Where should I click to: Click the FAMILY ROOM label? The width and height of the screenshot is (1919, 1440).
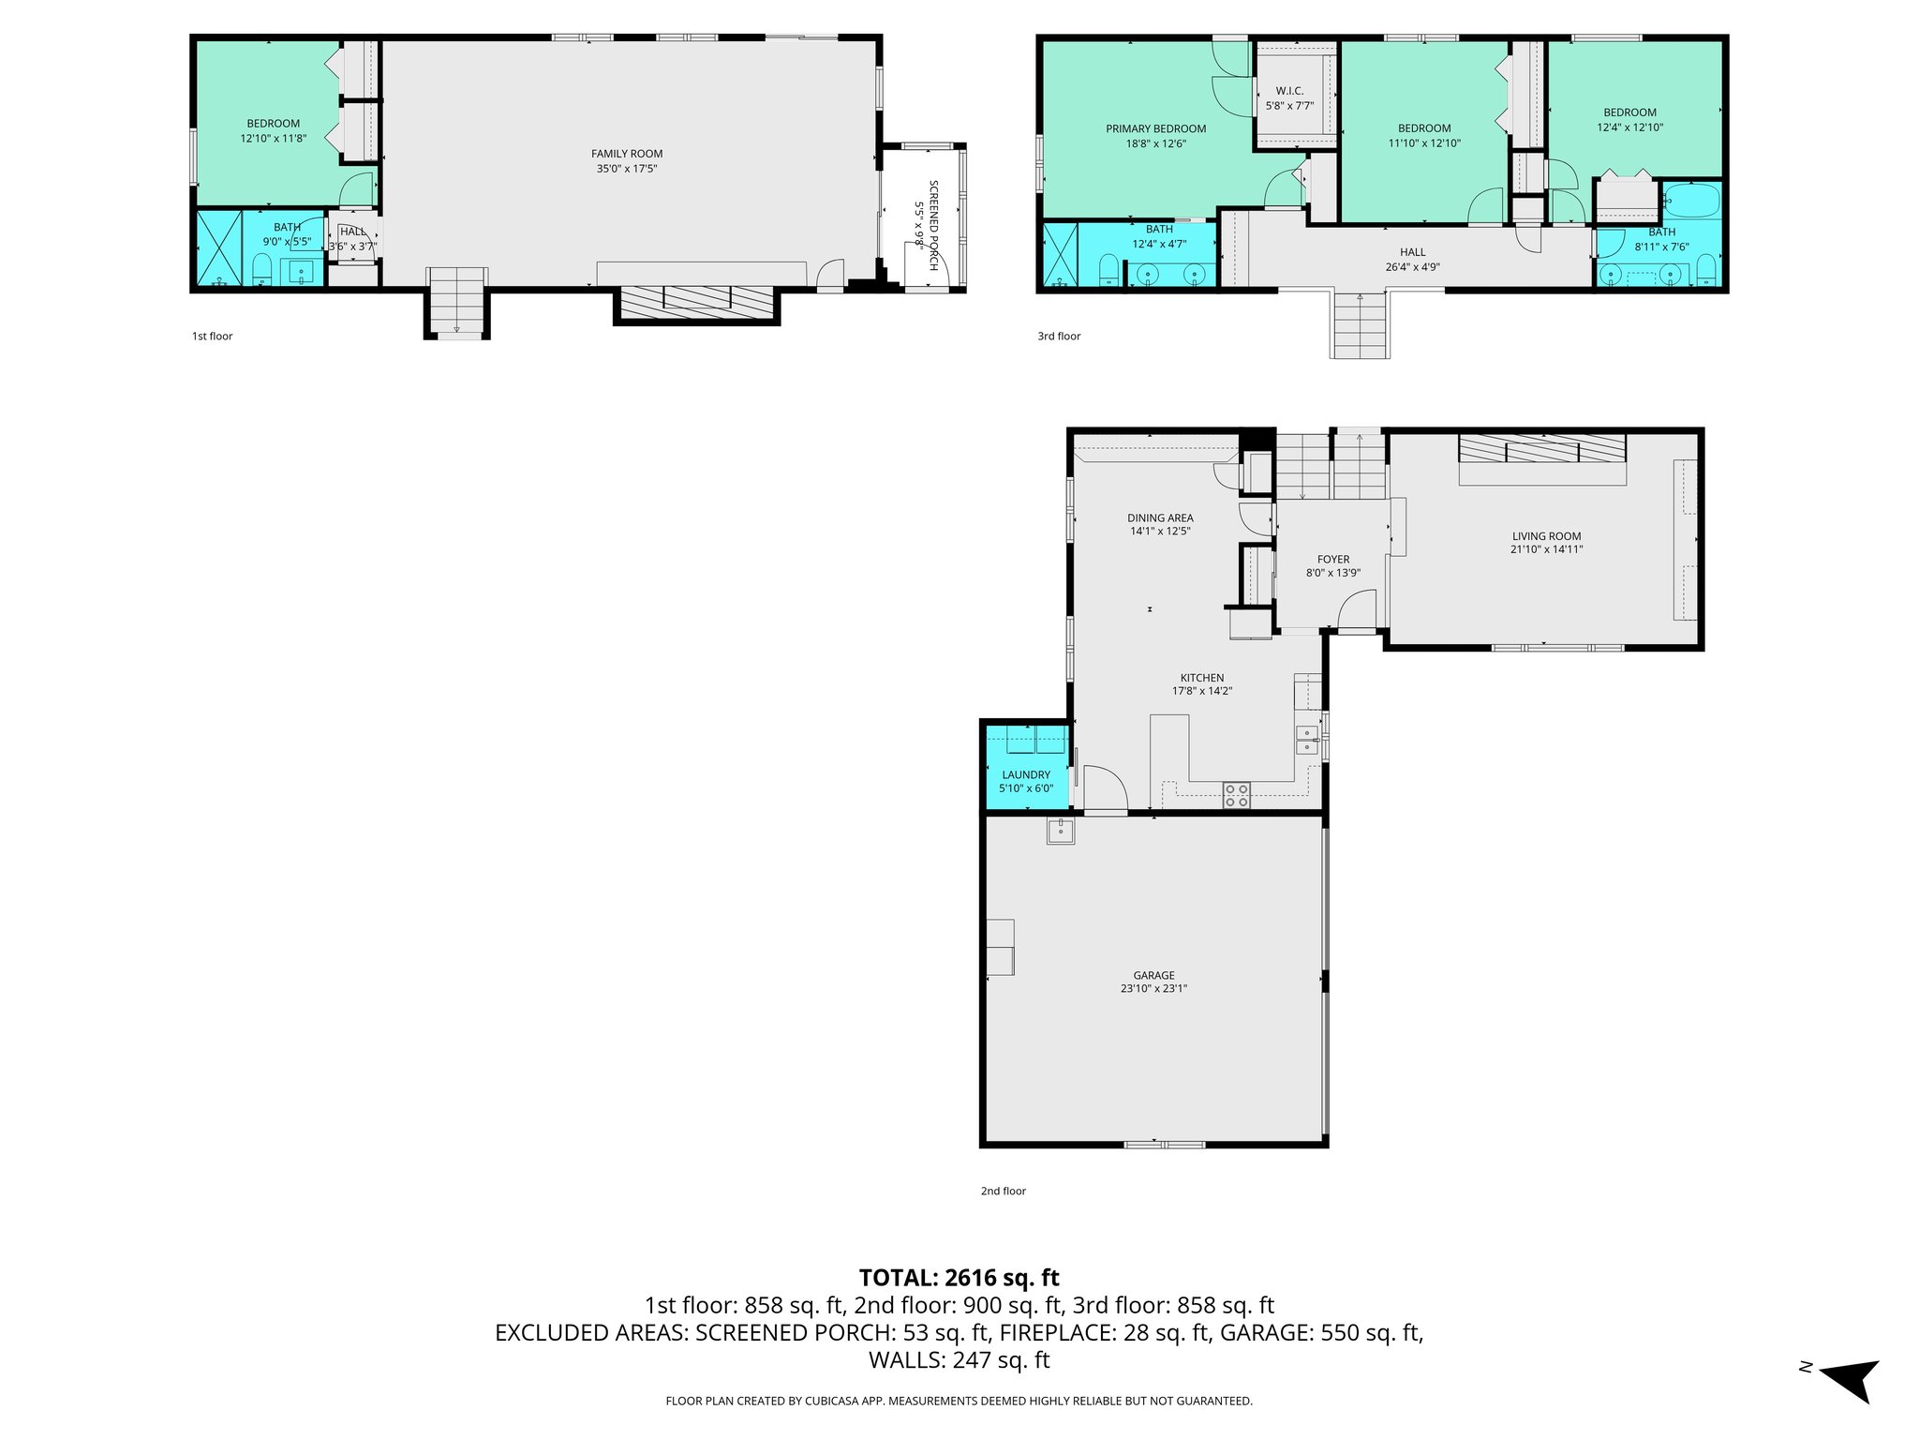626,154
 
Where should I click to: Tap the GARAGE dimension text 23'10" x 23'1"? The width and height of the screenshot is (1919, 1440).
1153,988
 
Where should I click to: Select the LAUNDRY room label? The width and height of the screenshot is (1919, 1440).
1025,774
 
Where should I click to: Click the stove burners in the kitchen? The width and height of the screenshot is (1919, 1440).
1236,795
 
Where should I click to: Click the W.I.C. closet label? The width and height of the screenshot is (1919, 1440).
1289,91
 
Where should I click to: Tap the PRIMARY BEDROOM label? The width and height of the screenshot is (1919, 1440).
1155,129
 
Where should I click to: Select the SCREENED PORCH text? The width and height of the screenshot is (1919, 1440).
932,225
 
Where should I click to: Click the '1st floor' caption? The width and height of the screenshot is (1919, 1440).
212,337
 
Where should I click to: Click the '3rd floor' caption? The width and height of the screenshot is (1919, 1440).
1059,337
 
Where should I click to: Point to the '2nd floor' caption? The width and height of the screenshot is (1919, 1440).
1003,1191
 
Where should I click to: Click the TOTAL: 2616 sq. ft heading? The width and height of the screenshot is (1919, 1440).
959,1277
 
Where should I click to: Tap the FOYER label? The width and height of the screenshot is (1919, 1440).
1332,559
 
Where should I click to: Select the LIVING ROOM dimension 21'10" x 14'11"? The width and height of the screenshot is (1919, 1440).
1546,549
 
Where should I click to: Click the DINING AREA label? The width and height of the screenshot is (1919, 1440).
1160,517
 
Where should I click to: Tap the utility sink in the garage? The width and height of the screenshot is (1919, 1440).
1061,831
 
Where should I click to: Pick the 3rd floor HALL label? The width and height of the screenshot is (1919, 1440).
1412,252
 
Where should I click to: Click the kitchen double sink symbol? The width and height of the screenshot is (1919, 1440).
1306,740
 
